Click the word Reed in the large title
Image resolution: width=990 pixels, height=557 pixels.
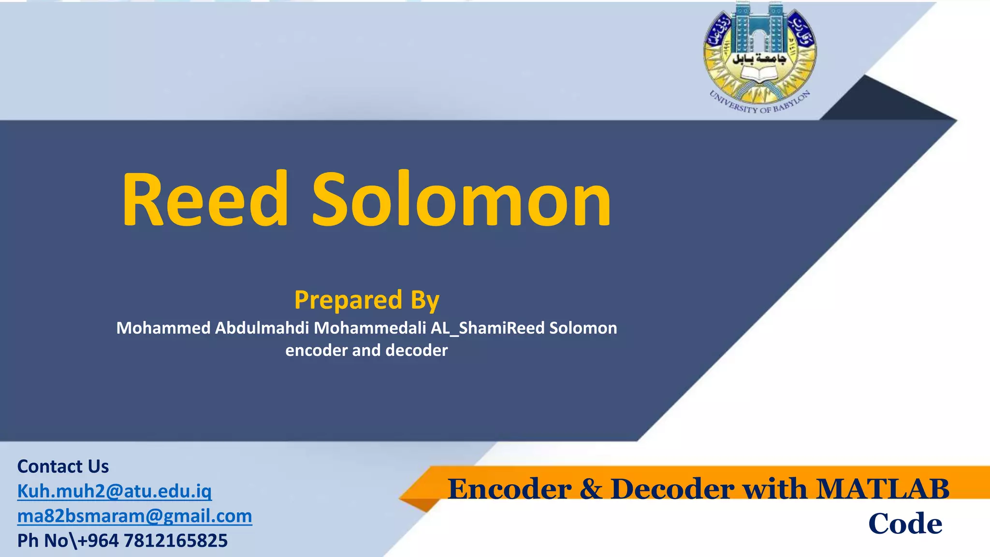click(205, 199)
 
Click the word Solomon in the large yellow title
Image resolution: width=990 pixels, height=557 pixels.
click(462, 199)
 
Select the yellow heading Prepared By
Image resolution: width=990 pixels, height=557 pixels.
click(367, 300)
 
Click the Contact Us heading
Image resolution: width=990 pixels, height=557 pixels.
click(63, 466)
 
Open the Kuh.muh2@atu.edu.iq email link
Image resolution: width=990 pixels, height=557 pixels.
click(115, 491)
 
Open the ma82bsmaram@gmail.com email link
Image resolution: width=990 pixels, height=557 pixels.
click(134, 516)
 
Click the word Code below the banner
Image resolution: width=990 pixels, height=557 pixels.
click(905, 524)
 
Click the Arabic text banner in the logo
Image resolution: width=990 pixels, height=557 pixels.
click(759, 59)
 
